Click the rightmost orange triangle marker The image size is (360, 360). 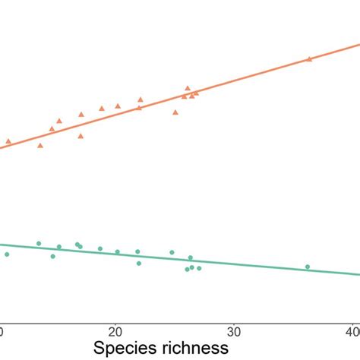[x=308, y=58]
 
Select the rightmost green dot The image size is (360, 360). [x=308, y=267]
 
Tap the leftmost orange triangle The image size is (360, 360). [x=8, y=141]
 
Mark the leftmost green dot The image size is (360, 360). [x=7, y=254]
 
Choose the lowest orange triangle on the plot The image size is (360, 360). [x=40, y=145]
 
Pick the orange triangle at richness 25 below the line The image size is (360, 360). [x=175, y=112]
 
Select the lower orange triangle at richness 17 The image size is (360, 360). [x=81, y=136]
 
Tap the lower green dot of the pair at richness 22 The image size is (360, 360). [x=139, y=263]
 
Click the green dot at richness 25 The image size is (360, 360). [x=172, y=252]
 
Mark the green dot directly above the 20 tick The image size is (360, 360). [x=117, y=252]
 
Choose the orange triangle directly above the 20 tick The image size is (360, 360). [x=118, y=106]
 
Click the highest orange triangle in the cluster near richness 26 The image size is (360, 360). [x=188, y=88]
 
